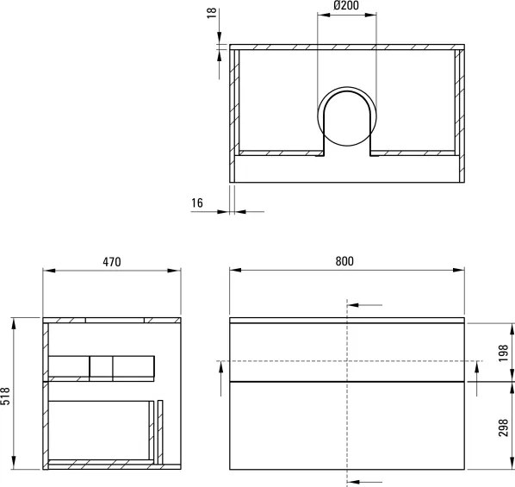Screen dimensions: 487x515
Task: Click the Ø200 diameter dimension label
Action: coord(347,8)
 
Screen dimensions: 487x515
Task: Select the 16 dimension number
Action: coord(197,203)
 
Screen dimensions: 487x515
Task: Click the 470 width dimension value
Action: coord(112,261)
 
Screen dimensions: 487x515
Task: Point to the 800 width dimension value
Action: coord(346,261)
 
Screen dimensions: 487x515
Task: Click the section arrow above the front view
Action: coord(366,304)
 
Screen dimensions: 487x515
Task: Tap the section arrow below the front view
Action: coord(366,481)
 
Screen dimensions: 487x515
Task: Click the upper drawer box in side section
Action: coord(102,366)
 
